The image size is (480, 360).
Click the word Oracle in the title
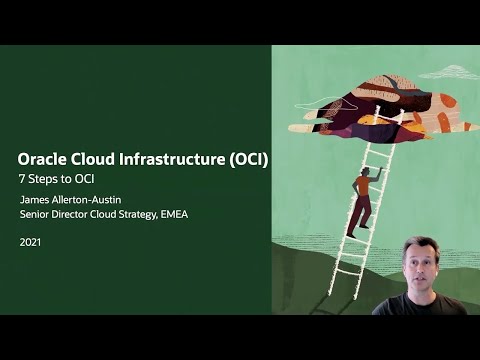point(43,159)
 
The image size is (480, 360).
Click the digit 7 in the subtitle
point(23,179)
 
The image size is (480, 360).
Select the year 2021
point(31,242)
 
